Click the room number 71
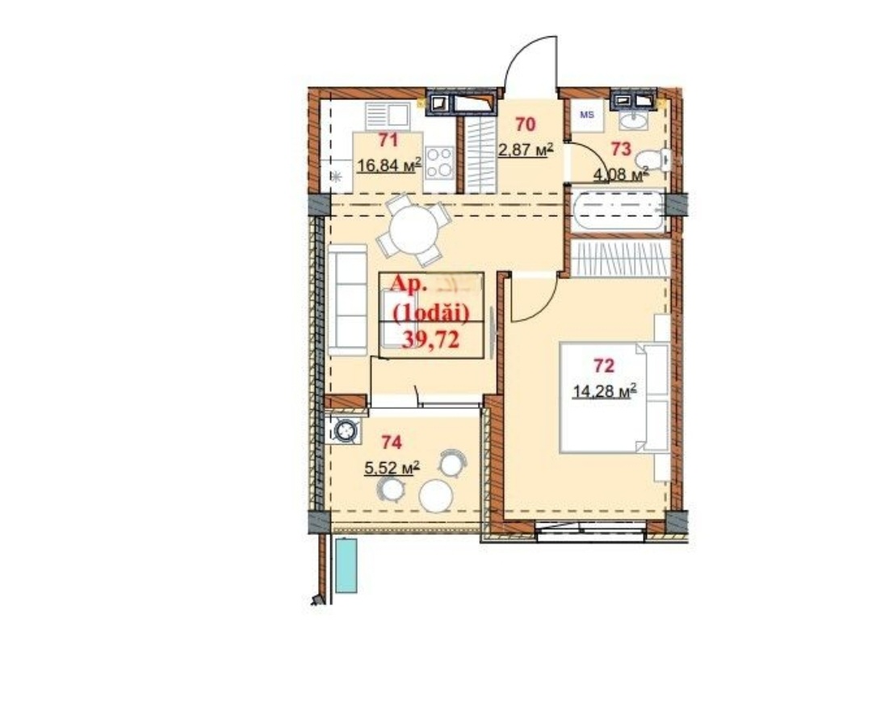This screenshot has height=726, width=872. click(388, 140)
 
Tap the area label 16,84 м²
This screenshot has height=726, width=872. click(388, 165)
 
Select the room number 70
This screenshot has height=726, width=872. click(525, 124)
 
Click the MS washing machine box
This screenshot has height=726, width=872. click(587, 115)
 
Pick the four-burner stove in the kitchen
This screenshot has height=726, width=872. click(438, 162)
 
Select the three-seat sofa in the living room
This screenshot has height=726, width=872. click(347, 299)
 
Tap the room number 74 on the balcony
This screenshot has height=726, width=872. click(392, 442)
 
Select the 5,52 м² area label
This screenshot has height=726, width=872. click(392, 468)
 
